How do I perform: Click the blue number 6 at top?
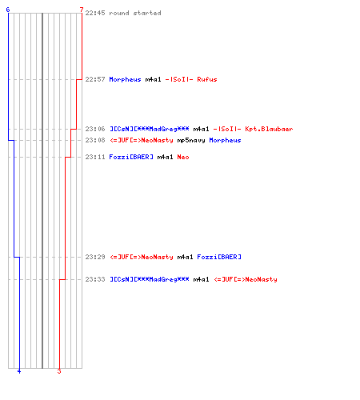(8, 10)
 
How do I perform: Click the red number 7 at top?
(82, 10)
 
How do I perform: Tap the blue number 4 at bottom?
(19, 371)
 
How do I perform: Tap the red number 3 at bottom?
(59, 371)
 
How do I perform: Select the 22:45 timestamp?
(95, 13)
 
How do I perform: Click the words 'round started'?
(135, 13)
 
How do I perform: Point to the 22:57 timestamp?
(95, 79)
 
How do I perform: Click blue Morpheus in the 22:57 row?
(125, 79)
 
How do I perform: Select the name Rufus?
(207, 79)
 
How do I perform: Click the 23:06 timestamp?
(95, 129)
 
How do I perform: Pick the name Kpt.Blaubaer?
(269, 129)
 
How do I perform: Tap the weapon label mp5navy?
(191, 141)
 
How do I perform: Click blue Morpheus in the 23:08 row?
(225, 140)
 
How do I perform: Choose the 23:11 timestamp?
(95, 157)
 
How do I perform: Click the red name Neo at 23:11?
(183, 157)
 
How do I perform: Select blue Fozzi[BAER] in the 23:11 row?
(131, 157)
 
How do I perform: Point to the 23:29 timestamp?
(95, 257)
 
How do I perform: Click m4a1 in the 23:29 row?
(185, 257)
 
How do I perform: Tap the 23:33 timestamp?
(95, 279)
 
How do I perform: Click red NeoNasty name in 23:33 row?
(246, 279)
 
